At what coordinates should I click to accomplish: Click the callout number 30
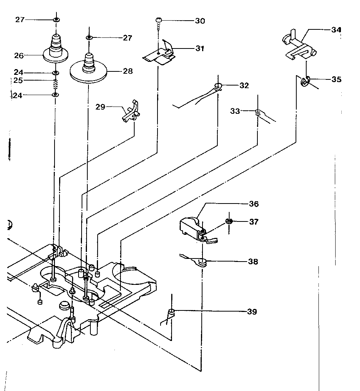point(200,21)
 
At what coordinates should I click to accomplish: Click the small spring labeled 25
point(56,84)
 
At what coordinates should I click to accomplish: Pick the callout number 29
point(100,108)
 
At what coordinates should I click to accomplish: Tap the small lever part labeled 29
point(131,112)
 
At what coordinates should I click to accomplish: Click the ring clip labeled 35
point(305,81)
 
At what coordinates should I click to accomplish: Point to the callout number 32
point(244,86)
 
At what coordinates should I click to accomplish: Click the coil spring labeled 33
point(258,112)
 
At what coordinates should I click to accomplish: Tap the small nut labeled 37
point(229,221)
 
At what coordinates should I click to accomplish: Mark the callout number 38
point(252,262)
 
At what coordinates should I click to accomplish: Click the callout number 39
point(252,312)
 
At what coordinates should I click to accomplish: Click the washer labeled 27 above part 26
point(56,20)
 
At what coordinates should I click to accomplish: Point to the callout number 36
point(253,204)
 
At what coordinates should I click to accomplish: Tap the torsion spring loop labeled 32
point(218,87)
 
